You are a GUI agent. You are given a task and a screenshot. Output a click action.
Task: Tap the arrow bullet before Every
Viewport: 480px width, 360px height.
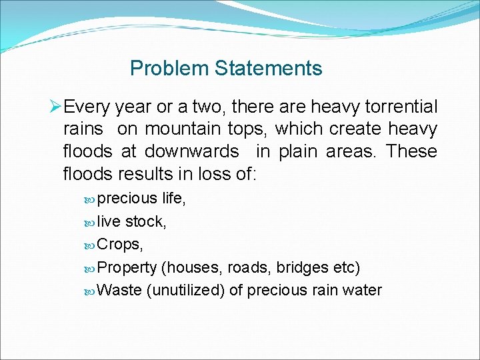[x=57, y=107]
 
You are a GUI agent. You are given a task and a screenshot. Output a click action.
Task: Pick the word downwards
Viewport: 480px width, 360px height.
[x=192, y=151]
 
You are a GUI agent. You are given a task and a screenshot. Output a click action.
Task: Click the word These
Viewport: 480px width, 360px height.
[x=411, y=151]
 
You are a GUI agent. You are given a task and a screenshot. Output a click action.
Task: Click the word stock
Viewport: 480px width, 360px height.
[x=145, y=221]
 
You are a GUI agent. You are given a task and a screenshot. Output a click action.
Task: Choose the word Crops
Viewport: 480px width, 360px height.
[x=120, y=244]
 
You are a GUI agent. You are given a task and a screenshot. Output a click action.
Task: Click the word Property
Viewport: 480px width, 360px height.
[x=127, y=267]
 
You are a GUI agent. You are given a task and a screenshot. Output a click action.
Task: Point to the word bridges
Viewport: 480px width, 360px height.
[x=302, y=267]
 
